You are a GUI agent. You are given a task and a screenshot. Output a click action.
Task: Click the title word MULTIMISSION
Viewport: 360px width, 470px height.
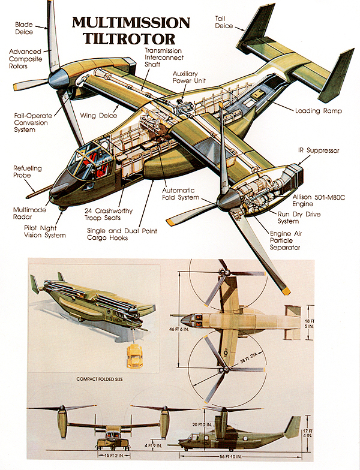131,23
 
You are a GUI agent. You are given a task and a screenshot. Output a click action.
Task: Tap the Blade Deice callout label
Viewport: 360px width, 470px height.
25,29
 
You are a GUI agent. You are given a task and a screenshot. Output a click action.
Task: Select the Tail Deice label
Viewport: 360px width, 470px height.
224,22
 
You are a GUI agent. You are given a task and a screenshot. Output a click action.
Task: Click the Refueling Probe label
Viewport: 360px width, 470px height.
28,172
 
